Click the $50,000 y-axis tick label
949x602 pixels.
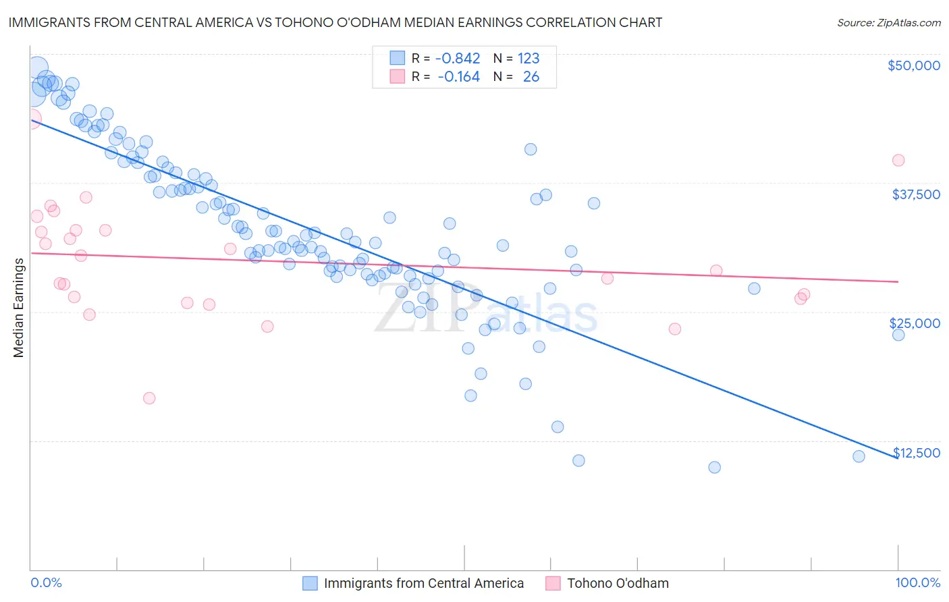click(913, 65)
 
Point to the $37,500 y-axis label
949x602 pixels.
click(915, 194)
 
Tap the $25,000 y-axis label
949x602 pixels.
click(915, 323)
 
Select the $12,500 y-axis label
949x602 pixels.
click(916, 453)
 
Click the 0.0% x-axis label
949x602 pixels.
click(46, 583)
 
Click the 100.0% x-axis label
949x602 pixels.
click(917, 583)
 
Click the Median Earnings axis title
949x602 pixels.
click(19, 308)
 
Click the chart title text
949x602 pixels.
click(335, 22)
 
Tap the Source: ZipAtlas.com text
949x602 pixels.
click(888, 23)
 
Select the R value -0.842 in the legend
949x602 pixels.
click(458, 58)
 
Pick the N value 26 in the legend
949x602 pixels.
click(531, 77)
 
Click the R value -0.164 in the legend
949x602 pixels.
click(458, 77)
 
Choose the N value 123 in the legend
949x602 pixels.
click(528, 58)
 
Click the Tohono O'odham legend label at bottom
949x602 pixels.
click(618, 584)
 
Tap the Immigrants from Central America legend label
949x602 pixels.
click(423, 584)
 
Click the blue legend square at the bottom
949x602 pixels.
click(310, 584)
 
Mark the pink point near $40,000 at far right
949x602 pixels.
click(898, 161)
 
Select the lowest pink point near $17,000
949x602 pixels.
click(149, 398)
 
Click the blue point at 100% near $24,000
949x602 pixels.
click(898, 335)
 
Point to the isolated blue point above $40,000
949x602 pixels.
click(531, 149)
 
